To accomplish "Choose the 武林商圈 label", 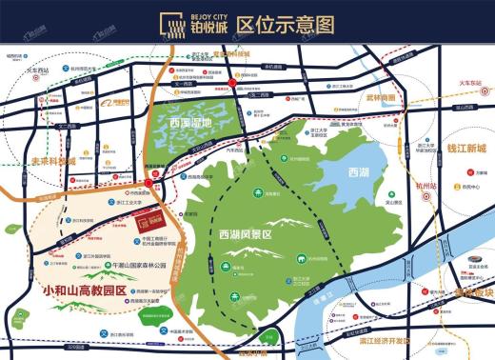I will (x=381, y=97).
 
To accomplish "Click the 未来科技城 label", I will (x=52, y=162).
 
